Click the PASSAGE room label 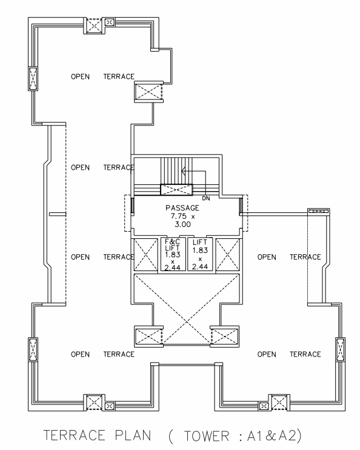click(182, 207)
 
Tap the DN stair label click(206, 198)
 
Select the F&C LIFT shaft click(173, 254)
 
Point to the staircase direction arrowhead click(184, 172)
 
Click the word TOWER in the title click(207, 436)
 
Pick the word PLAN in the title click(133, 435)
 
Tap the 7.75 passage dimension click(178, 216)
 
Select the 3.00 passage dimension click(182, 224)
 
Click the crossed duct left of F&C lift click(145, 255)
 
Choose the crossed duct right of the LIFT click(227, 255)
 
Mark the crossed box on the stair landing click(176, 190)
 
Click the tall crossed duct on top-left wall click(33, 78)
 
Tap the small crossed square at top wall click(110, 22)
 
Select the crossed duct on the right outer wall click(340, 349)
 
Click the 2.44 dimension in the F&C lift click(172, 268)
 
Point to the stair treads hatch click(176, 171)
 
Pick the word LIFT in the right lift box click(199, 242)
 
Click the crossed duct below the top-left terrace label click(148, 92)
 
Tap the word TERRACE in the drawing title click(75, 435)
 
